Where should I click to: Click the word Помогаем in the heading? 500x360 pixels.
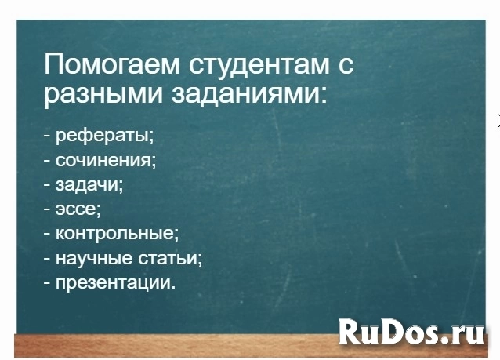112,64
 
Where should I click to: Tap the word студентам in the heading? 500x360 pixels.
259,65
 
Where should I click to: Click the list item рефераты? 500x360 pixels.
104,136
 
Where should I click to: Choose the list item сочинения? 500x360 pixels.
106,160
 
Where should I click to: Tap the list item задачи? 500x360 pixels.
89,185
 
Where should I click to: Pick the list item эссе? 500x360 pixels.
78,210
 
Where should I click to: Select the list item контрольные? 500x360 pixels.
118,234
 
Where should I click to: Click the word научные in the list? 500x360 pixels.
94,259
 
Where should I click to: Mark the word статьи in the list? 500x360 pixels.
170,259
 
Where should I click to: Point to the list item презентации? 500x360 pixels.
115,283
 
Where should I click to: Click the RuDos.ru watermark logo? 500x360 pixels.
411,332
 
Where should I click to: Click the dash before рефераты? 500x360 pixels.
47,136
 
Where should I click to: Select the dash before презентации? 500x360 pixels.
47,283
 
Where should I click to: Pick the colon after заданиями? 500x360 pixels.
324,96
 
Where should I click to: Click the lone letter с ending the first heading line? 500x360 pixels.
346,66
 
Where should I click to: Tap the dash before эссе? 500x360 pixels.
47,209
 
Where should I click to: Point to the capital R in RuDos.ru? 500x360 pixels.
350,331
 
